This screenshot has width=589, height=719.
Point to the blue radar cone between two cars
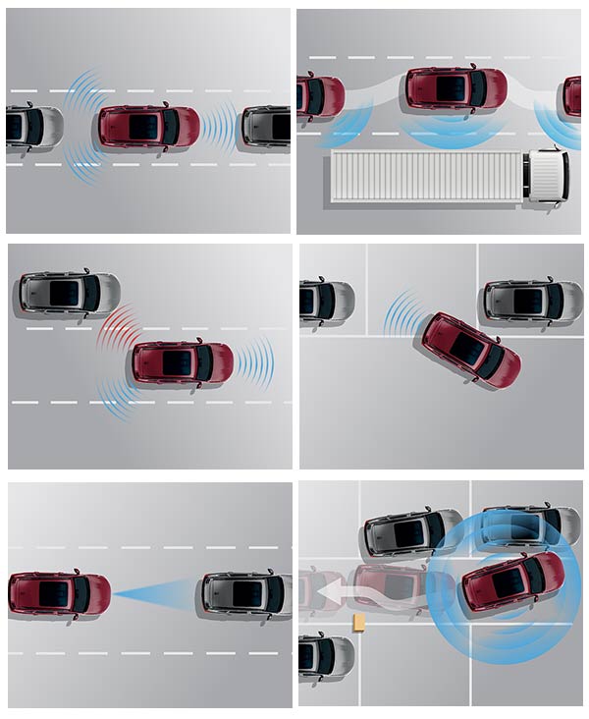point(157,592)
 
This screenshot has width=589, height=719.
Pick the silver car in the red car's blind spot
point(69,292)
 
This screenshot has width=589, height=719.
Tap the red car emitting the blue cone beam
point(59,593)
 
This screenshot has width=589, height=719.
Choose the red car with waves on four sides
point(148,127)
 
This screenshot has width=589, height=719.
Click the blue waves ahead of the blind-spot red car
point(254,361)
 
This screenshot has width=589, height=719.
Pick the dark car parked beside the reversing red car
point(531,300)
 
